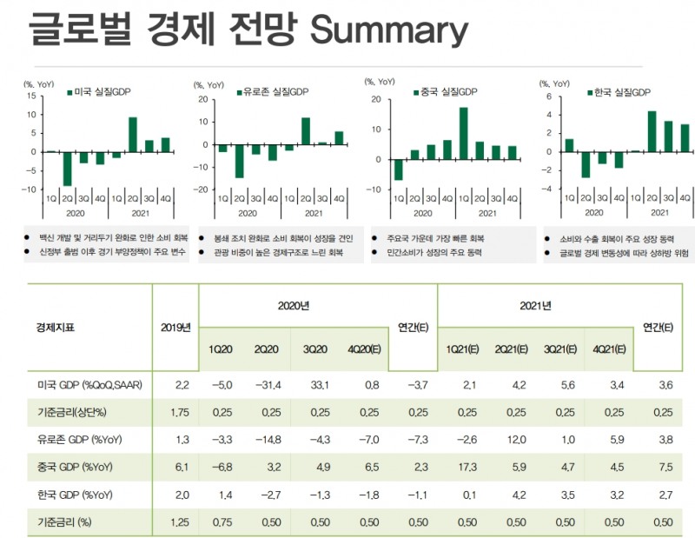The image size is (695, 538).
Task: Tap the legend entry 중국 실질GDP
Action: click(447, 90)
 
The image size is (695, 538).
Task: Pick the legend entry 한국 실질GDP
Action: click(619, 90)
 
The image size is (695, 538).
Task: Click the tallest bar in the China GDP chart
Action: click(464, 133)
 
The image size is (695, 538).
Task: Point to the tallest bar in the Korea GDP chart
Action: click(652, 130)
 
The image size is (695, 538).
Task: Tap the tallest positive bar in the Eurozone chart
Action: click(306, 131)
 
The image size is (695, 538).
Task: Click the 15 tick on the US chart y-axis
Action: click(31, 95)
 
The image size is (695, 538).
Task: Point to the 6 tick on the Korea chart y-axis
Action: click(549, 95)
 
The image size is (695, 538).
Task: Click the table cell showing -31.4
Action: click(266, 384)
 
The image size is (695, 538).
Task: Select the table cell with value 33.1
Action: click(314, 384)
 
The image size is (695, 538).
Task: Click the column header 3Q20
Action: click(314, 349)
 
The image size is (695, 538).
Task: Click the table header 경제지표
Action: click(55, 328)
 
